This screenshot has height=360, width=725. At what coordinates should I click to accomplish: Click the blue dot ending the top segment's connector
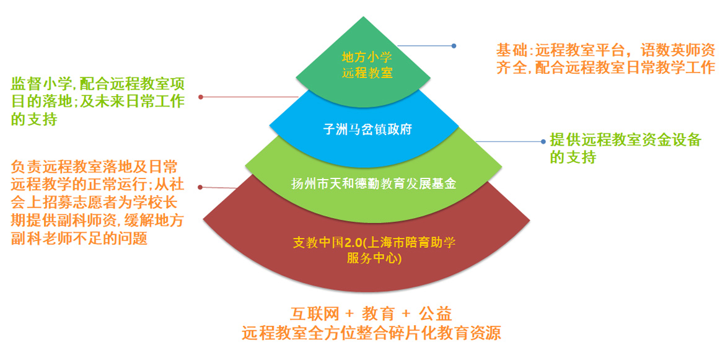[x=454, y=46]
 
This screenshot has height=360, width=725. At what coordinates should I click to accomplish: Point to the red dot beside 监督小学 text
[x=201, y=97]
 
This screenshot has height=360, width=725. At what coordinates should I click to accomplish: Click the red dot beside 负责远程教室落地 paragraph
[x=200, y=187]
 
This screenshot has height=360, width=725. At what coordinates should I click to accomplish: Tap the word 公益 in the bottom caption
[x=436, y=314]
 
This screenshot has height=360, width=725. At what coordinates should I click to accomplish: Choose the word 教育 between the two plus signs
[x=378, y=314]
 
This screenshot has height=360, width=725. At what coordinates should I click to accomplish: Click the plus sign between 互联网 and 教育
[x=349, y=314]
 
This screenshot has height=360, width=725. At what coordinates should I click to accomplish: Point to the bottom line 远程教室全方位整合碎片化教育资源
[x=371, y=333]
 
